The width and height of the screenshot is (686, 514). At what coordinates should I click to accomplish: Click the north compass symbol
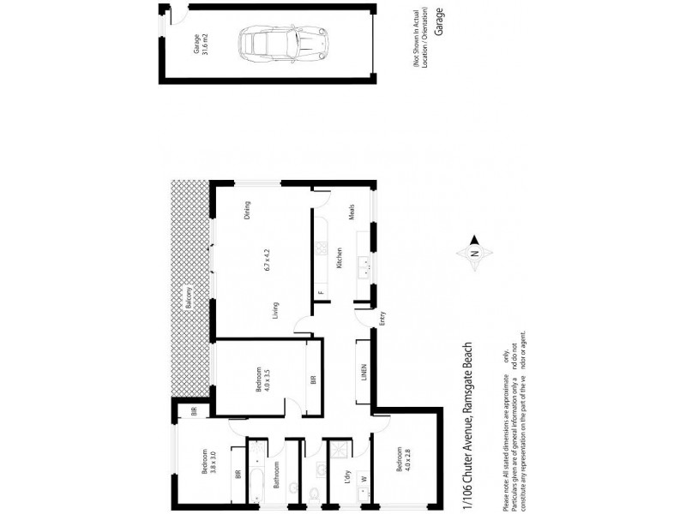tap(476, 254)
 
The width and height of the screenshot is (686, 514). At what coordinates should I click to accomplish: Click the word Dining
tap(247, 210)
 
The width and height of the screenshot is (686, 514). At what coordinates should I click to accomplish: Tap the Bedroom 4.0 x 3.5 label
tap(262, 380)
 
